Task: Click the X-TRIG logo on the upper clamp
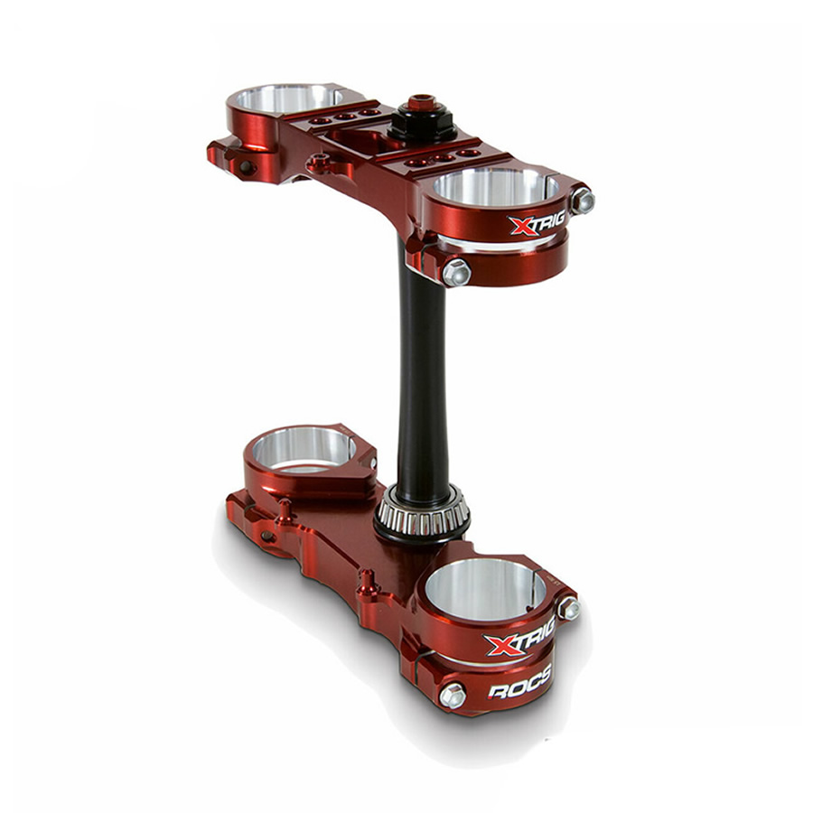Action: pyautogui.click(x=537, y=223)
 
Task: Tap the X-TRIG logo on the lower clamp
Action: pyautogui.click(x=519, y=638)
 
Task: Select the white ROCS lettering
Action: pyautogui.click(x=519, y=685)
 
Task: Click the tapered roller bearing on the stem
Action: pyautogui.click(x=422, y=513)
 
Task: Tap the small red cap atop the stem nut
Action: pyautogui.click(x=418, y=102)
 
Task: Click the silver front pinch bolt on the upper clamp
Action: pyautogui.click(x=456, y=272)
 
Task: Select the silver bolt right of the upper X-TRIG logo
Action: pyautogui.click(x=583, y=201)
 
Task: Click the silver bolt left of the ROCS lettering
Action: pyautogui.click(x=453, y=696)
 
